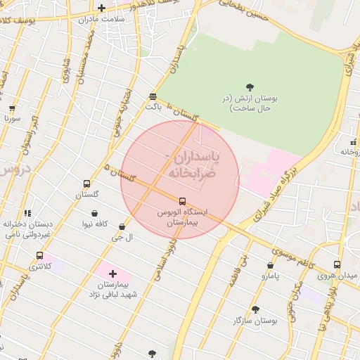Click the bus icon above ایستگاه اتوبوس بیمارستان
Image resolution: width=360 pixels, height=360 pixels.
(182, 200)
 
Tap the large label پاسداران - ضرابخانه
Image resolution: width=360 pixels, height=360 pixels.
(192, 164)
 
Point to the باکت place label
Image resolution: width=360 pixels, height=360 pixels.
(153, 108)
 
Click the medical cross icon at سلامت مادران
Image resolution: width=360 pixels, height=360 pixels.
(102, 8)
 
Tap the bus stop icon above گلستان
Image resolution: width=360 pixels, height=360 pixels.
(86, 183)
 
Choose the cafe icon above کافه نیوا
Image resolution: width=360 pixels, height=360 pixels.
(95, 213)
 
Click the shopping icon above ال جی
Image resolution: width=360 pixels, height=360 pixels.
(122, 226)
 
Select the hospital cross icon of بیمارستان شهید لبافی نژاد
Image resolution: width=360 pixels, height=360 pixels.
(112, 273)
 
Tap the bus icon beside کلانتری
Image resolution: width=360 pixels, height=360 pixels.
(39, 256)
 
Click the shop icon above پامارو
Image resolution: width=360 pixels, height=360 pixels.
(270, 265)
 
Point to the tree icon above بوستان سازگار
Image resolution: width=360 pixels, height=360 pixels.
(255, 309)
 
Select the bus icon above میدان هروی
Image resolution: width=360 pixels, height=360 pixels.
(337, 264)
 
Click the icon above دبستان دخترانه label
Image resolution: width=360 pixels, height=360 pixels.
(27, 213)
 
